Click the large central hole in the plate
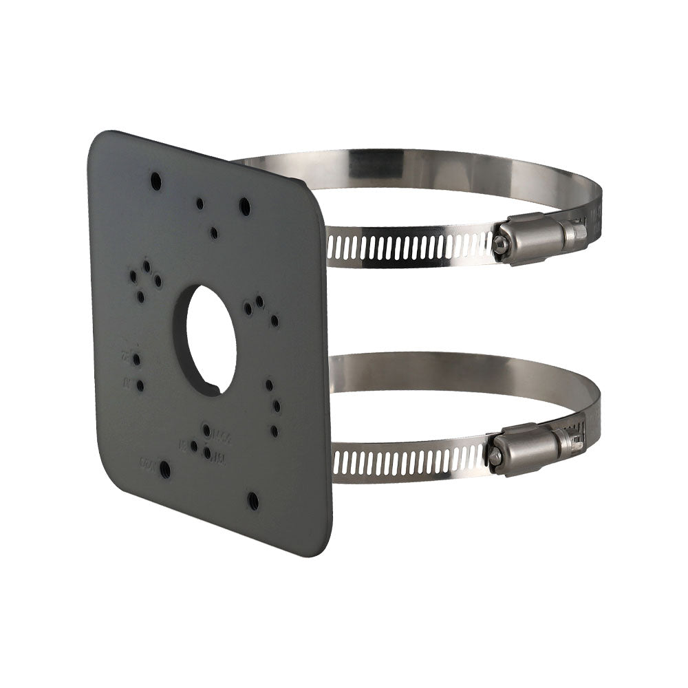(x=211, y=340)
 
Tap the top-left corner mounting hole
(x=156, y=181)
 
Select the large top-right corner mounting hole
(x=244, y=205)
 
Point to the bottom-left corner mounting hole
(x=164, y=469)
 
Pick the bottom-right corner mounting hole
(x=253, y=500)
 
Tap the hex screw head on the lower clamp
(x=493, y=454)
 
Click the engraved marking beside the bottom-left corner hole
(x=147, y=463)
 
